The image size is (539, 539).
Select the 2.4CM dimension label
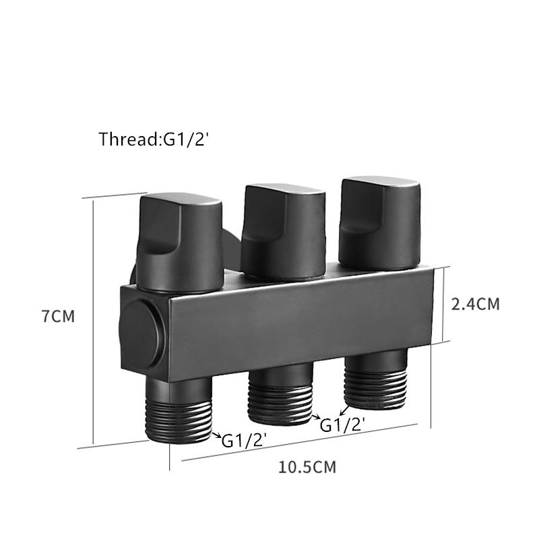475,304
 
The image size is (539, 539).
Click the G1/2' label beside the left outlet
245,441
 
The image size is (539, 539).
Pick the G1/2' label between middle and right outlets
342,425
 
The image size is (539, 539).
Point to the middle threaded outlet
280,394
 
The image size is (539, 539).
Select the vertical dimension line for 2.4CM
443,304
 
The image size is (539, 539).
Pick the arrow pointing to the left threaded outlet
216,437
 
